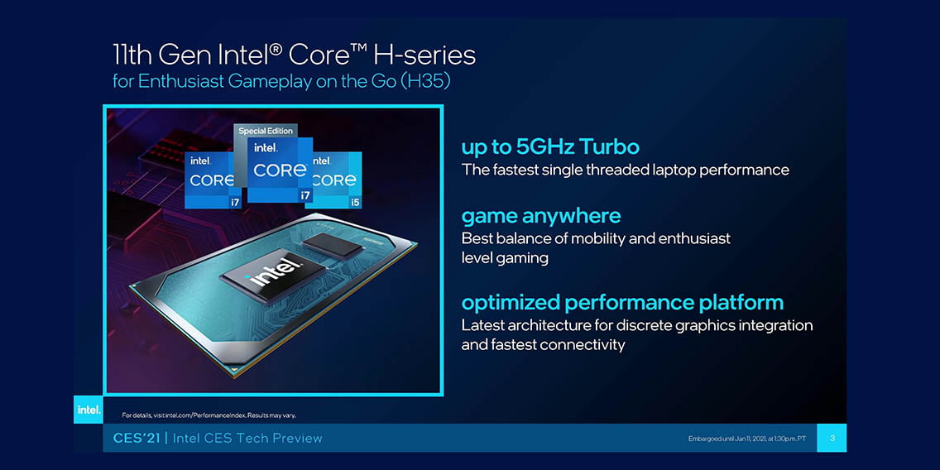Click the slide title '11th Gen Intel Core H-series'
(294, 55)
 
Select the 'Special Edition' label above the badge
(266, 131)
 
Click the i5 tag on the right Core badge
(356, 203)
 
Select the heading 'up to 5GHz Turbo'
(550, 147)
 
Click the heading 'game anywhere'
(540, 215)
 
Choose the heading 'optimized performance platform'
(622, 302)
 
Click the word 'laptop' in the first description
(674, 170)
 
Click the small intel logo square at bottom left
(88, 410)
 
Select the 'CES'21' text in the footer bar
(137, 439)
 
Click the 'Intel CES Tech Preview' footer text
(247, 439)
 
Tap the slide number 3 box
(832, 439)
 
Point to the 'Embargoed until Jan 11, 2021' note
(746, 439)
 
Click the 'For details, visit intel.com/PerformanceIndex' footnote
(209, 415)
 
